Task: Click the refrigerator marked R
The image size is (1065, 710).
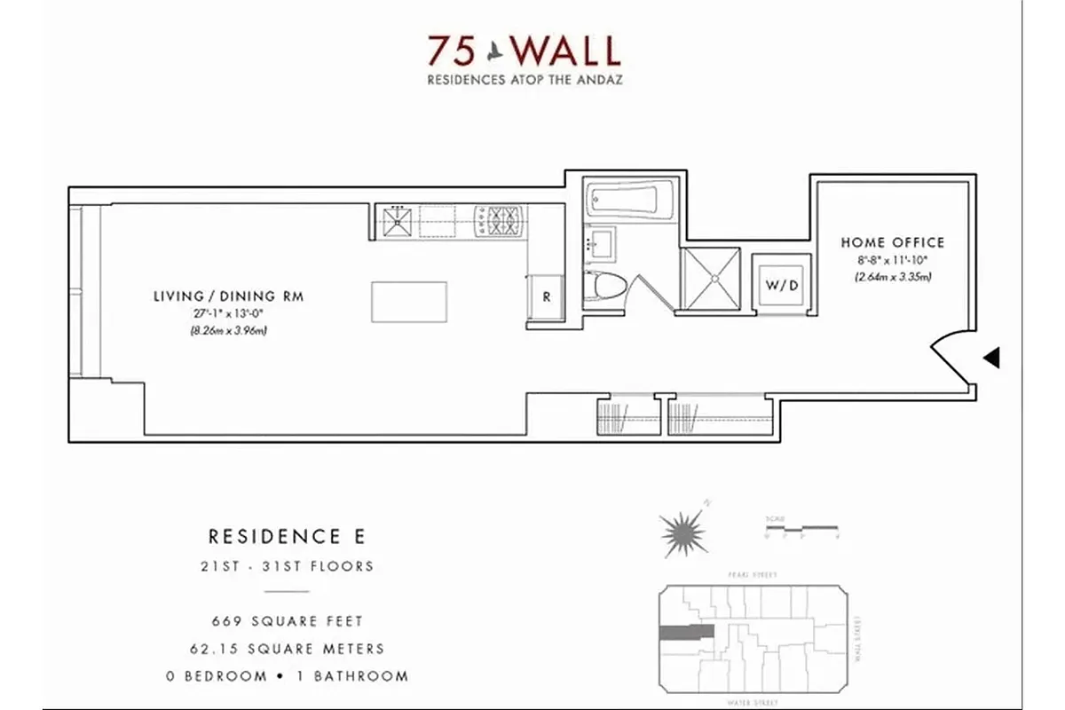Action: tap(546, 297)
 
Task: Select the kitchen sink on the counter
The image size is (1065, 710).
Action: tap(396, 221)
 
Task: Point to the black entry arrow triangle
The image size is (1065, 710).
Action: tap(993, 358)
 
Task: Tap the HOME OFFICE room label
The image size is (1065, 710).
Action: tap(892, 242)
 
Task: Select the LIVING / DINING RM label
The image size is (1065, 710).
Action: tap(228, 296)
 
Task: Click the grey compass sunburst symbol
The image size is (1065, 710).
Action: tap(683, 533)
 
